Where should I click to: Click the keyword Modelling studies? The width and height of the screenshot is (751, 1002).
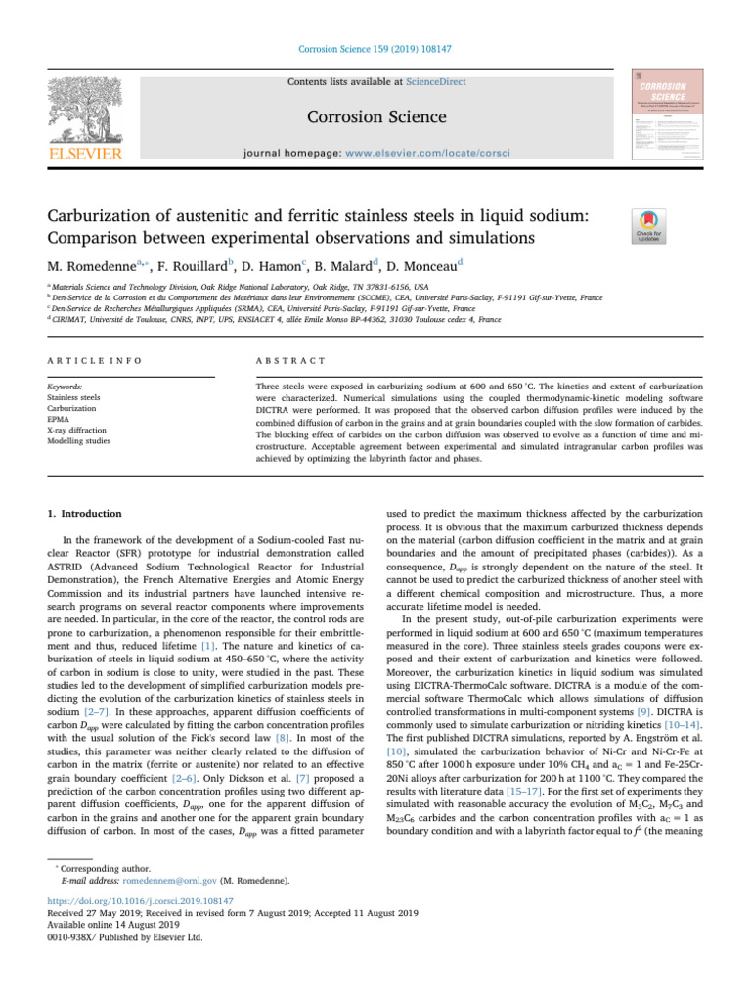[x=79, y=441]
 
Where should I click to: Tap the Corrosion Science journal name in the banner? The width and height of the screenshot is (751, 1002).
[x=375, y=117]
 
